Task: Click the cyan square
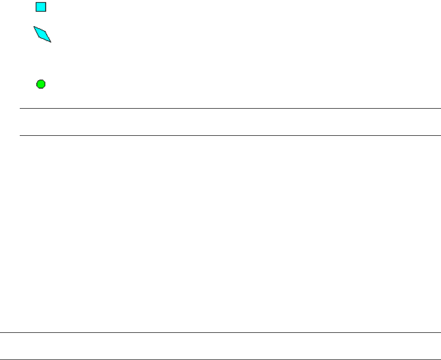click(x=41, y=7)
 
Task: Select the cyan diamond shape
click(x=42, y=34)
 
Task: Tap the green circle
click(x=41, y=84)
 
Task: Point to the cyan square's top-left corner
click(x=37, y=2)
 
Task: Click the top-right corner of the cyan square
click(x=45, y=2)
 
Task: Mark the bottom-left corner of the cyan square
click(x=37, y=11)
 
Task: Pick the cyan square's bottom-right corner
click(x=45, y=11)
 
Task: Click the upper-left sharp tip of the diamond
click(x=34, y=27)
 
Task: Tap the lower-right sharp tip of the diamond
click(x=51, y=42)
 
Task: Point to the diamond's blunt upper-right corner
click(x=45, y=31)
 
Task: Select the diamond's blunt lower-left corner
click(x=39, y=38)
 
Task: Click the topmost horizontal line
click(x=230, y=108)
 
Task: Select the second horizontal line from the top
click(x=230, y=135)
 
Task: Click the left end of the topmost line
click(x=20, y=108)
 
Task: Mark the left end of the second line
click(x=20, y=135)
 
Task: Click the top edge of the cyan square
click(x=41, y=2)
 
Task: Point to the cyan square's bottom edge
click(x=41, y=11)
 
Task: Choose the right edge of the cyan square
click(x=45, y=7)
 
